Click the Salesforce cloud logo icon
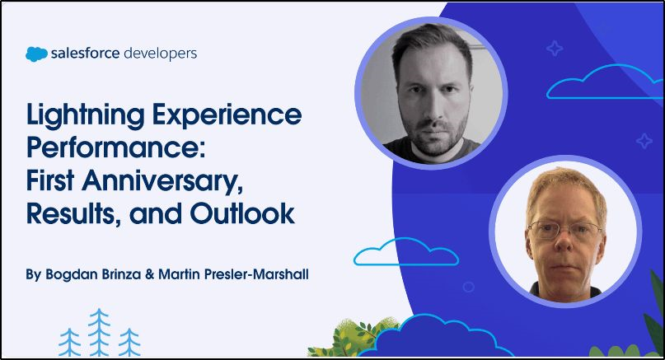36,54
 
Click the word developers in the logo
161,54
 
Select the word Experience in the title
227,115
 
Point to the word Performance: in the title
116,147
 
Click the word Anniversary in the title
163,182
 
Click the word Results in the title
72,213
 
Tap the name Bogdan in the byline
72,274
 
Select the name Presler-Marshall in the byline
256,274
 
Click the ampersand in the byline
149,274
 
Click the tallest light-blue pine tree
99,332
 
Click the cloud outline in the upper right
604,82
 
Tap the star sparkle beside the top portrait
554,49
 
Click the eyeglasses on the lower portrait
565,230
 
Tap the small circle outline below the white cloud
468,287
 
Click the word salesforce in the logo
85,54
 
